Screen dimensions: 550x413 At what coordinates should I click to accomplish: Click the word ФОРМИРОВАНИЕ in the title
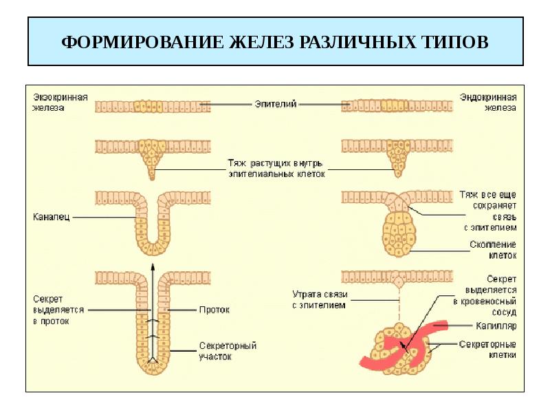tap(142, 42)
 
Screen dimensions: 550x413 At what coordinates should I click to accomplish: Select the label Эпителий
tap(276, 104)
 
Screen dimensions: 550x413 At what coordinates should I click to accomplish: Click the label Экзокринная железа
tap(60, 102)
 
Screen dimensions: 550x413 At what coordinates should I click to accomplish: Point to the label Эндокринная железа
tap(488, 102)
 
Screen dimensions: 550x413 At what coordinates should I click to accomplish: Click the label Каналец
tap(51, 217)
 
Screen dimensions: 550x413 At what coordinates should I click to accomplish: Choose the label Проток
tap(214, 310)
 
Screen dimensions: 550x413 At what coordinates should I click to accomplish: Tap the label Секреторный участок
tap(228, 351)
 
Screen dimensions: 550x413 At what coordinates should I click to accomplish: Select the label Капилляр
tap(496, 326)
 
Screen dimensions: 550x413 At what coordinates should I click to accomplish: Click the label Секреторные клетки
tap(487, 350)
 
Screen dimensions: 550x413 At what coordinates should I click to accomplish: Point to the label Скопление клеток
tap(493, 250)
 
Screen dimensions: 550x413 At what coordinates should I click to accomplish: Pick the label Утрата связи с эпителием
tap(320, 299)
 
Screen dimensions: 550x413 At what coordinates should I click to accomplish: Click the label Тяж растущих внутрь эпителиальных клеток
tap(277, 168)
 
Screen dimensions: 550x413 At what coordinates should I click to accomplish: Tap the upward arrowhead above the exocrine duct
tap(152, 266)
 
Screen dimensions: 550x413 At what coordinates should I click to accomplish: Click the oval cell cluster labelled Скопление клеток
tap(399, 234)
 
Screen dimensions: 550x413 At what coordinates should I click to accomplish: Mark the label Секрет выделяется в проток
tap(58, 310)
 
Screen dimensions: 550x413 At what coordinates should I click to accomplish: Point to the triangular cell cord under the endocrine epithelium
tap(398, 159)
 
